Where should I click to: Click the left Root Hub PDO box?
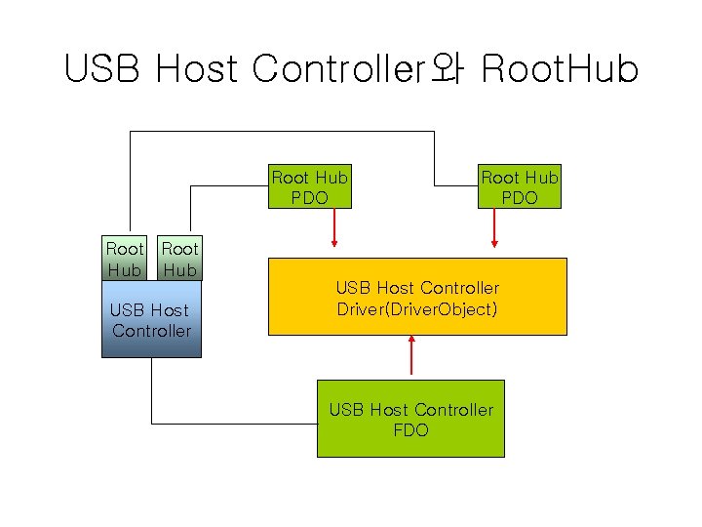[309, 187]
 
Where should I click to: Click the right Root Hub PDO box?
[519, 187]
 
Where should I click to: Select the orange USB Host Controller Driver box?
[417, 297]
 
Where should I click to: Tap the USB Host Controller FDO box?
[410, 419]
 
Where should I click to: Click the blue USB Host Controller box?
[151, 320]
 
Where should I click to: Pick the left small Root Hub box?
[124, 259]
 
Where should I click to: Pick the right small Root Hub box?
[179, 259]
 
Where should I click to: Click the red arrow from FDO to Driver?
[412, 355]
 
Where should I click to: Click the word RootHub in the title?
[561, 69]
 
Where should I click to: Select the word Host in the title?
[196, 69]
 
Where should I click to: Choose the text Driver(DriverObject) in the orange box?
[417, 309]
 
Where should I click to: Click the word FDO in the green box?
[410, 430]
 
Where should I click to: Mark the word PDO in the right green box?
[519, 198]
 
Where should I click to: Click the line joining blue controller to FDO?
[234, 423]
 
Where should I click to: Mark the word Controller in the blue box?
[151, 331]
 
